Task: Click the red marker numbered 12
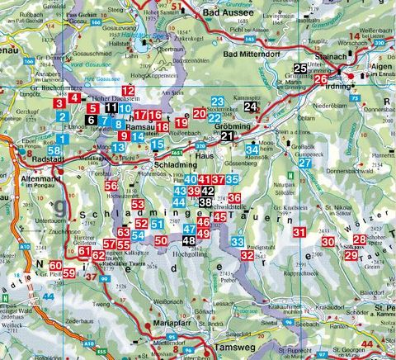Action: pos(128,90)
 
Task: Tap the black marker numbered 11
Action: pos(111,107)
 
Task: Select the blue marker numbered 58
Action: pos(54,150)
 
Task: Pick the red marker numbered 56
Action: pos(111,186)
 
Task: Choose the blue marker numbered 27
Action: pos(305,163)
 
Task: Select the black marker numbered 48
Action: pos(189,240)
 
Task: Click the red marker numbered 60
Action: pos(55,265)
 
